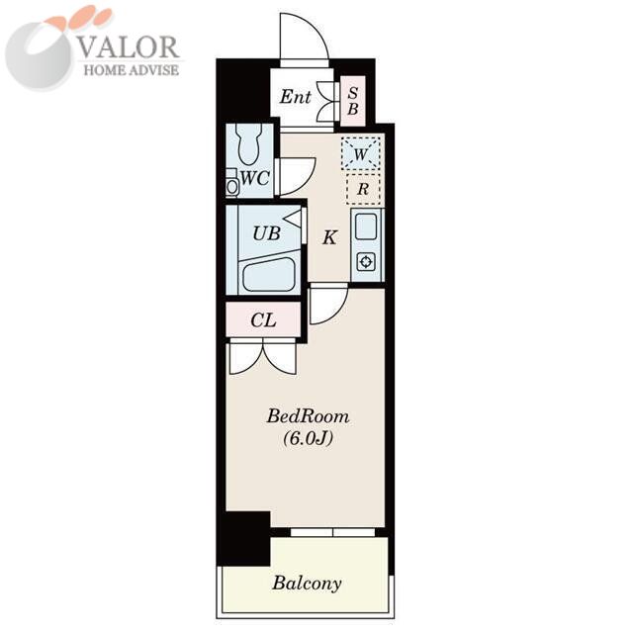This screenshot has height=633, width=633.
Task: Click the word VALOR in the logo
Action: pyautogui.click(x=128, y=47)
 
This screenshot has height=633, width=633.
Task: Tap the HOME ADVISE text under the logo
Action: pyautogui.click(x=132, y=70)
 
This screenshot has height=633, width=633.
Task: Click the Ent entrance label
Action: pyautogui.click(x=296, y=97)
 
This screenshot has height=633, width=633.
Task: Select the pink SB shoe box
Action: pyautogui.click(x=353, y=101)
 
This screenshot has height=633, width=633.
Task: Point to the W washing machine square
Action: pyautogui.click(x=360, y=154)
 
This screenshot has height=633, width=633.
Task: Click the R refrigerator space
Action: pyautogui.click(x=363, y=189)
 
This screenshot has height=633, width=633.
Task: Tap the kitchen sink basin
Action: pyautogui.click(x=367, y=226)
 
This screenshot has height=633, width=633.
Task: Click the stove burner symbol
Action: pyautogui.click(x=366, y=262)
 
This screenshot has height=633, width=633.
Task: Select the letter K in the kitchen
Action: pyautogui.click(x=329, y=237)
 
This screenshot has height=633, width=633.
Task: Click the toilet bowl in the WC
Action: pyautogui.click(x=250, y=143)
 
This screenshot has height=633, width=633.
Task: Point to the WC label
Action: pyautogui.click(x=255, y=178)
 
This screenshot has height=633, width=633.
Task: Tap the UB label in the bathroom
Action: pyautogui.click(x=266, y=233)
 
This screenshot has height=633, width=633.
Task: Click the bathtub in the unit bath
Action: pyautogui.click(x=268, y=274)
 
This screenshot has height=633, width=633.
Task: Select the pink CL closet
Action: pyautogui.click(x=263, y=319)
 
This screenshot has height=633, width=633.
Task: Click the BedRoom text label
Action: pyautogui.click(x=308, y=416)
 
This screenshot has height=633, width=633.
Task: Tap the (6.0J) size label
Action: pyautogui.click(x=308, y=438)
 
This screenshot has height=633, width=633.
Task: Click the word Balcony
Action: pyautogui.click(x=307, y=584)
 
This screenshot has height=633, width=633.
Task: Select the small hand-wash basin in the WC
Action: pyautogui.click(x=232, y=186)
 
